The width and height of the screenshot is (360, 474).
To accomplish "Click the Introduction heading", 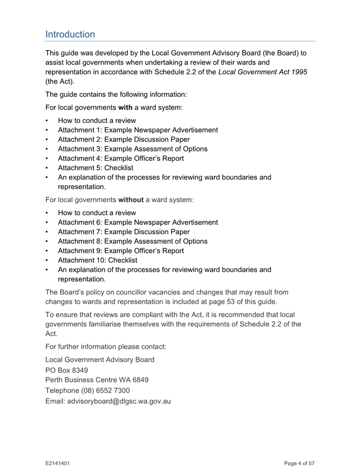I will (x=70, y=34).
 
